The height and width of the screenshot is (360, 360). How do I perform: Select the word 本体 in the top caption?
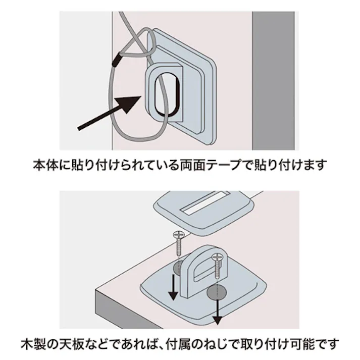(x=45, y=165)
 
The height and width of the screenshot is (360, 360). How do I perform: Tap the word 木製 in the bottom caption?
(x=32, y=345)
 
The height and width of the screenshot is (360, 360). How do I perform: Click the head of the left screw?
(x=179, y=235)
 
